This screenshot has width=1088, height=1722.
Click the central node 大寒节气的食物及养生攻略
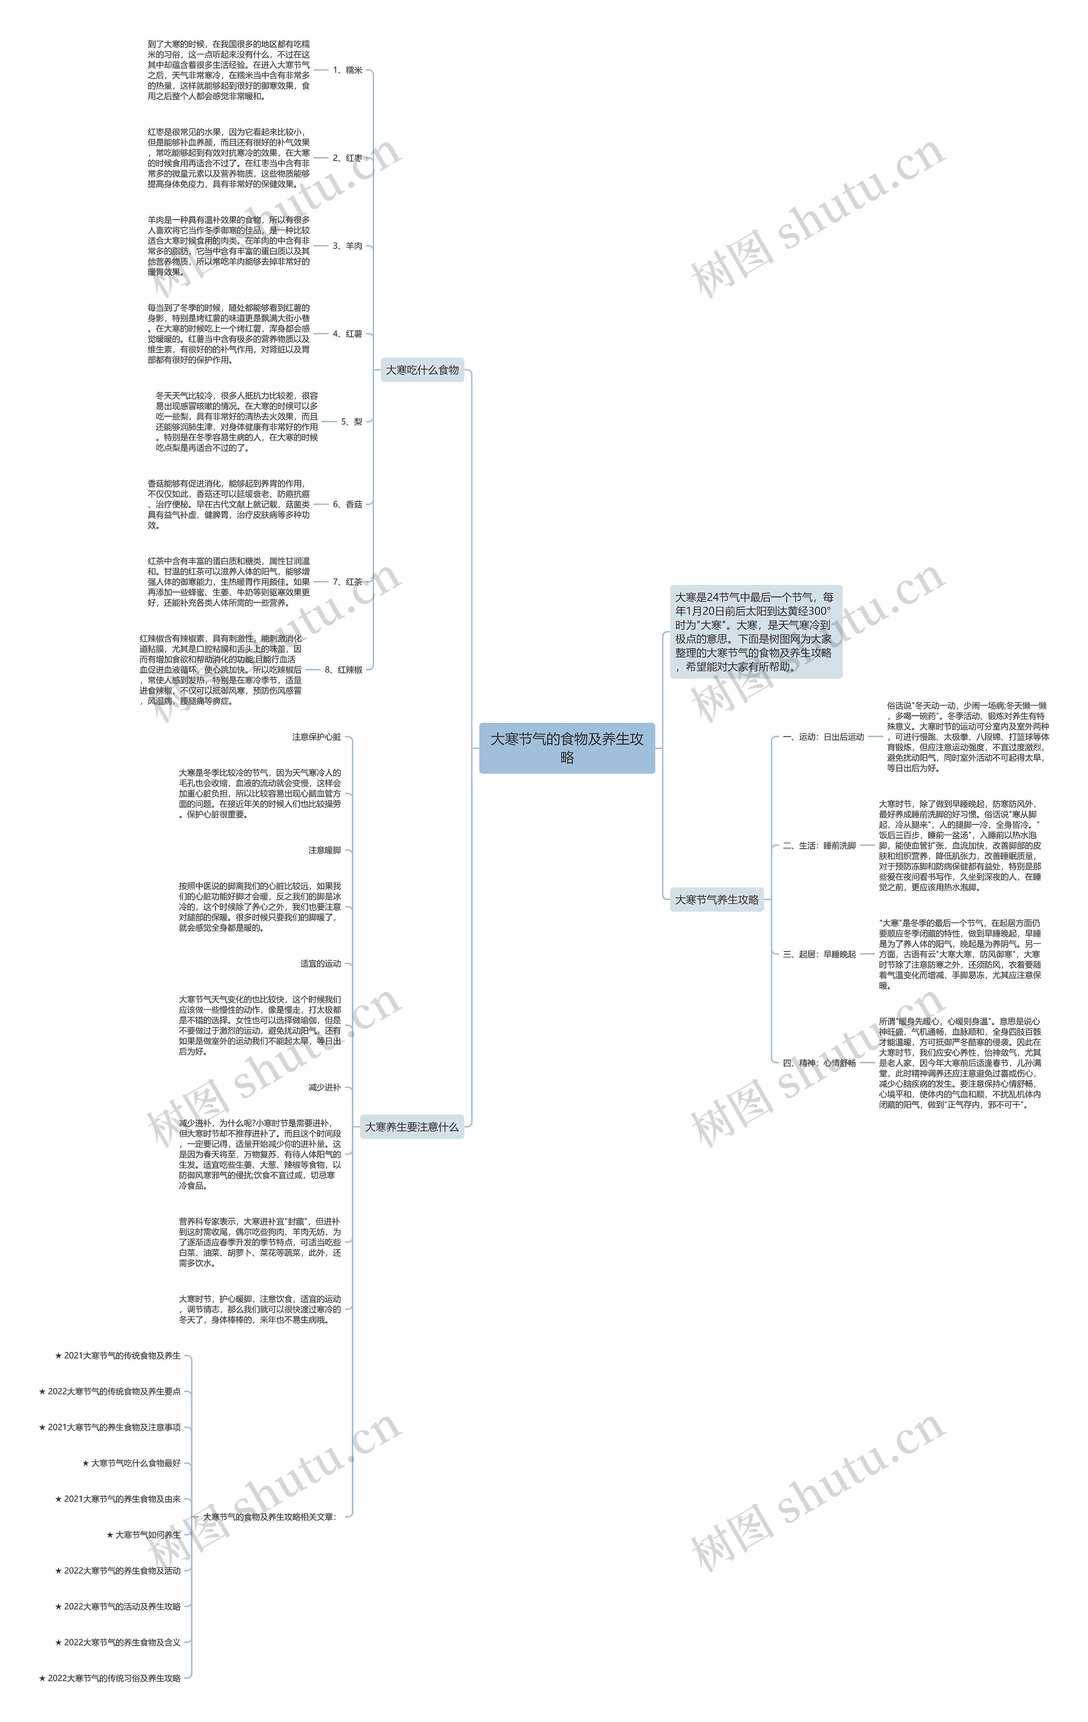coord(567,748)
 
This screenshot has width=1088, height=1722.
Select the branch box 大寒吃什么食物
coord(422,370)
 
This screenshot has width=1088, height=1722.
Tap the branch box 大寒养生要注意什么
coord(411,1126)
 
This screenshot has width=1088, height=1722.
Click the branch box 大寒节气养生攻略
coord(717,900)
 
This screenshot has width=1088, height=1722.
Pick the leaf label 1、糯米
coord(348,70)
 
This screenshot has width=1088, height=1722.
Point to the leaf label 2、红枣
coord(348,158)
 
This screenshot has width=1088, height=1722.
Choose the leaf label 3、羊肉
coord(348,246)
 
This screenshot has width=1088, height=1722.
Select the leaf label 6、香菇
coord(348,504)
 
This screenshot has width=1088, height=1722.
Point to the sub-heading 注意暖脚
coord(325,850)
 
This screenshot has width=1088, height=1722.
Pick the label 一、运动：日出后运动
coord(823,737)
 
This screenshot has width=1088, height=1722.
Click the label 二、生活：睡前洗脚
coord(819,845)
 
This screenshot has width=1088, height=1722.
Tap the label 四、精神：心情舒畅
coord(819,1063)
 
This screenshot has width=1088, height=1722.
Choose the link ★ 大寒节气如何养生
coord(144,1535)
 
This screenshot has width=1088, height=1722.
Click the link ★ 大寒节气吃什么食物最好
coord(132,1463)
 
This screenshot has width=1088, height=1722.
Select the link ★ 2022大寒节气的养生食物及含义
coord(118,1642)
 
